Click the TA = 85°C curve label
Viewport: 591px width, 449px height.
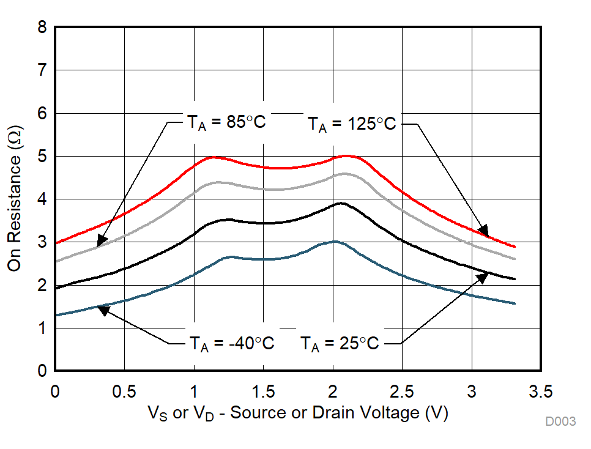226,122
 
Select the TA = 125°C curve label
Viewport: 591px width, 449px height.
351,124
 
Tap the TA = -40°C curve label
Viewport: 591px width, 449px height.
229,343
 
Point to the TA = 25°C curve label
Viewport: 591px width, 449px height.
340,343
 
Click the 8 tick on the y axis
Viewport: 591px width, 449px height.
42,28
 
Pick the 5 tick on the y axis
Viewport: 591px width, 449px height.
42,157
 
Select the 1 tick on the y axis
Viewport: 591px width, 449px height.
42,328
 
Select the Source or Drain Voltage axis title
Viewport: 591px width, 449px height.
298,414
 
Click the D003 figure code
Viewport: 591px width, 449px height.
561,422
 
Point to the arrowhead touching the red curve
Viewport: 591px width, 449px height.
483,231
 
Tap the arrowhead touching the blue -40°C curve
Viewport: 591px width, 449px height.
103,310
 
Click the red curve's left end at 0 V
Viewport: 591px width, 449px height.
56,243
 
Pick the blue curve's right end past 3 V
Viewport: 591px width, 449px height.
515,303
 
